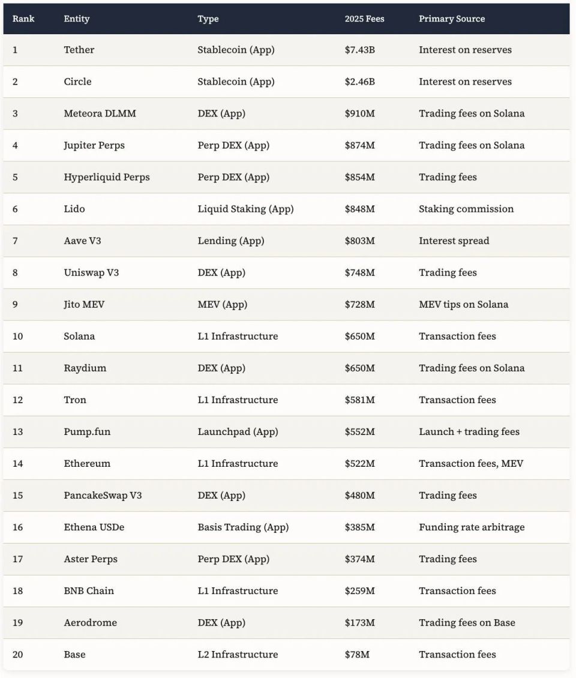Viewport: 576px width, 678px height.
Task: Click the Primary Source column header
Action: coord(451,19)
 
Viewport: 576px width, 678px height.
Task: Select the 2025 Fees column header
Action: coord(364,19)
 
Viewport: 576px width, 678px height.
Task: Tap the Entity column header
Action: coord(77,19)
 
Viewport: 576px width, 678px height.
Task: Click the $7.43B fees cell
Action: coord(359,50)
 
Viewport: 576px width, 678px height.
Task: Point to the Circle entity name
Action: coord(77,82)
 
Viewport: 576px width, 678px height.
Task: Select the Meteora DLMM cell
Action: coord(100,113)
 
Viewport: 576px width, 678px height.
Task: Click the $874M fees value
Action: coord(359,145)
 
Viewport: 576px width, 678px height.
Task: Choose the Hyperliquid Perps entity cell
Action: coord(107,177)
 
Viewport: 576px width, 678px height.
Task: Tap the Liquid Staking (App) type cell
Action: coord(245,209)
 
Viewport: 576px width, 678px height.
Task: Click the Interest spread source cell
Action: coord(454,241)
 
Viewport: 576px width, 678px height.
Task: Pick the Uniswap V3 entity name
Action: coord(91,272)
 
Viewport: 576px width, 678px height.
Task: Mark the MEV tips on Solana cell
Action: coord(463,304)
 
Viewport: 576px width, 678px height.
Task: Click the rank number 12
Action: coord(18,400)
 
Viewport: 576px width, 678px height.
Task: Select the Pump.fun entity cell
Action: coord(87,431)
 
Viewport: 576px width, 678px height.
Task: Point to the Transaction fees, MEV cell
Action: coord(470,463)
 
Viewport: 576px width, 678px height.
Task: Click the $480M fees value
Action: coord(359,495)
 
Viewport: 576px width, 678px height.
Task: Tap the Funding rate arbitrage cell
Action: coord(472,527)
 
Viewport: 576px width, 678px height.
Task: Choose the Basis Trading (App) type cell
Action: coord(243,527)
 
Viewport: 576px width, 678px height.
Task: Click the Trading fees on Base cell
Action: coord(467,622)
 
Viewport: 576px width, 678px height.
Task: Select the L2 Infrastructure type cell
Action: coord(238,654)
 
